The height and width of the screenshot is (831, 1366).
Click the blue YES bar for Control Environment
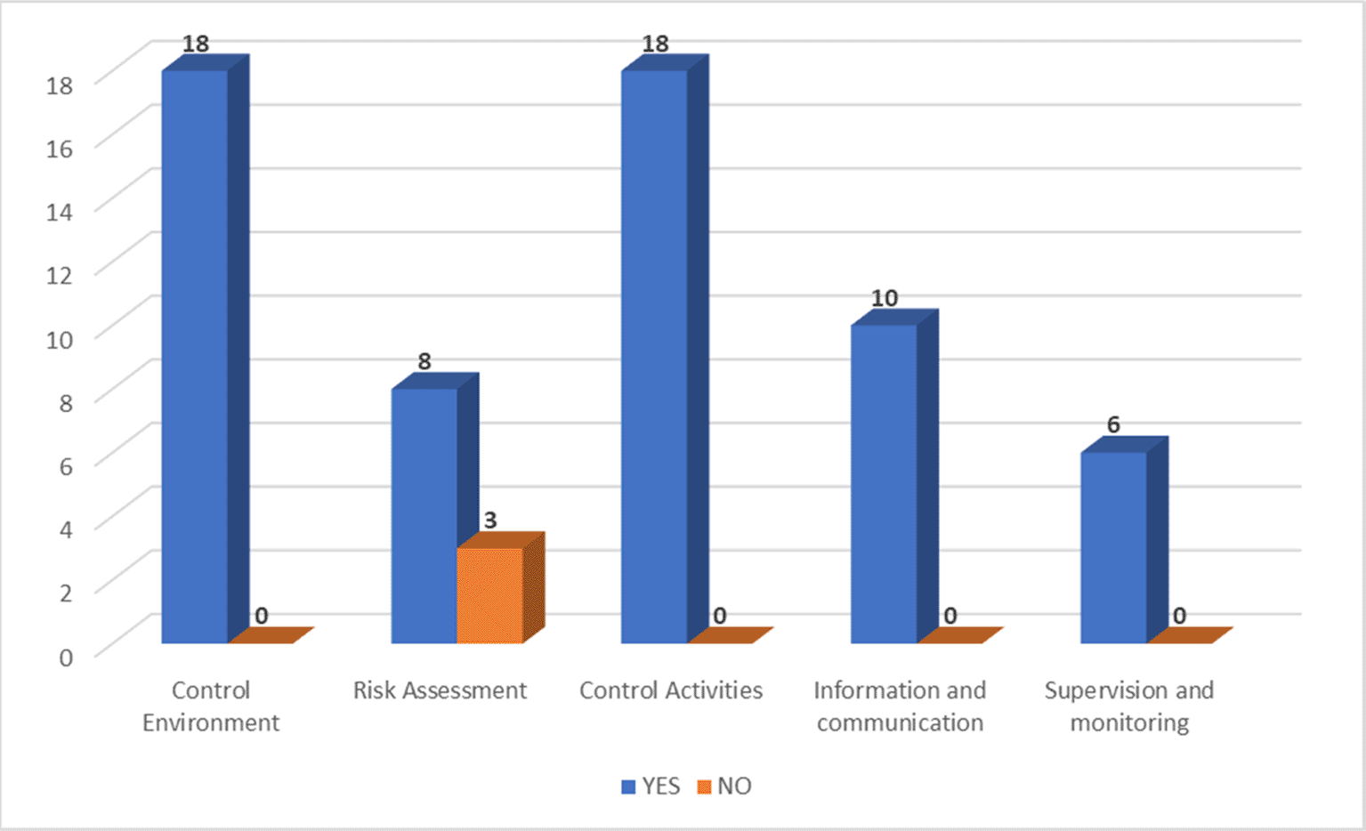[195, 356]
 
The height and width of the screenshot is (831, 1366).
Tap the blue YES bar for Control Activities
[654, 356]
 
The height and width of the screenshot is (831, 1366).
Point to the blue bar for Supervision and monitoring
[1113, 547]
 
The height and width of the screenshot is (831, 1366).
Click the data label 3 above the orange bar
[490, 520]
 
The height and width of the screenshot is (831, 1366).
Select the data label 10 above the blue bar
[885, 298]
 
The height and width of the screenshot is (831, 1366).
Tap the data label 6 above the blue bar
[1113, 425]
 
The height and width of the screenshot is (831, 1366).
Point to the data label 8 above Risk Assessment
[424, 361]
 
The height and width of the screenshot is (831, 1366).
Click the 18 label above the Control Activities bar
[655, 44]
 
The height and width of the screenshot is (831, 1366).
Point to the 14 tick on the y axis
[60, 211]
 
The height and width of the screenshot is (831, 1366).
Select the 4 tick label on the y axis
[66, 528]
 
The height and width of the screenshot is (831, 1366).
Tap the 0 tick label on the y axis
[66, 657]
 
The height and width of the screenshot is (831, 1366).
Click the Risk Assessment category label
[440, 690]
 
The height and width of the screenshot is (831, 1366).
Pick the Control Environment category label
[211, 706]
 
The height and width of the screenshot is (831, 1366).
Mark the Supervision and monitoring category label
[1128, 706]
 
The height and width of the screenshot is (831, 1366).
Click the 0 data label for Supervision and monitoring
[1179, 616]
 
